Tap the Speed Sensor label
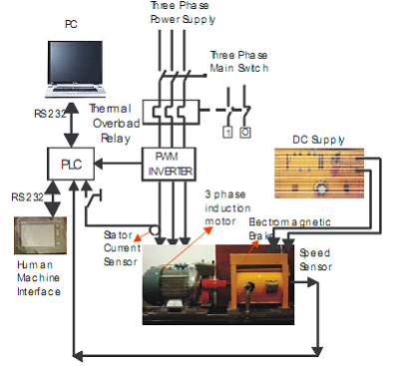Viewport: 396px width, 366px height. pyautogui.click(x=317, y=260)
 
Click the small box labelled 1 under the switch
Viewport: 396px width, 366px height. pyautogui.click(x=227, y=131)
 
